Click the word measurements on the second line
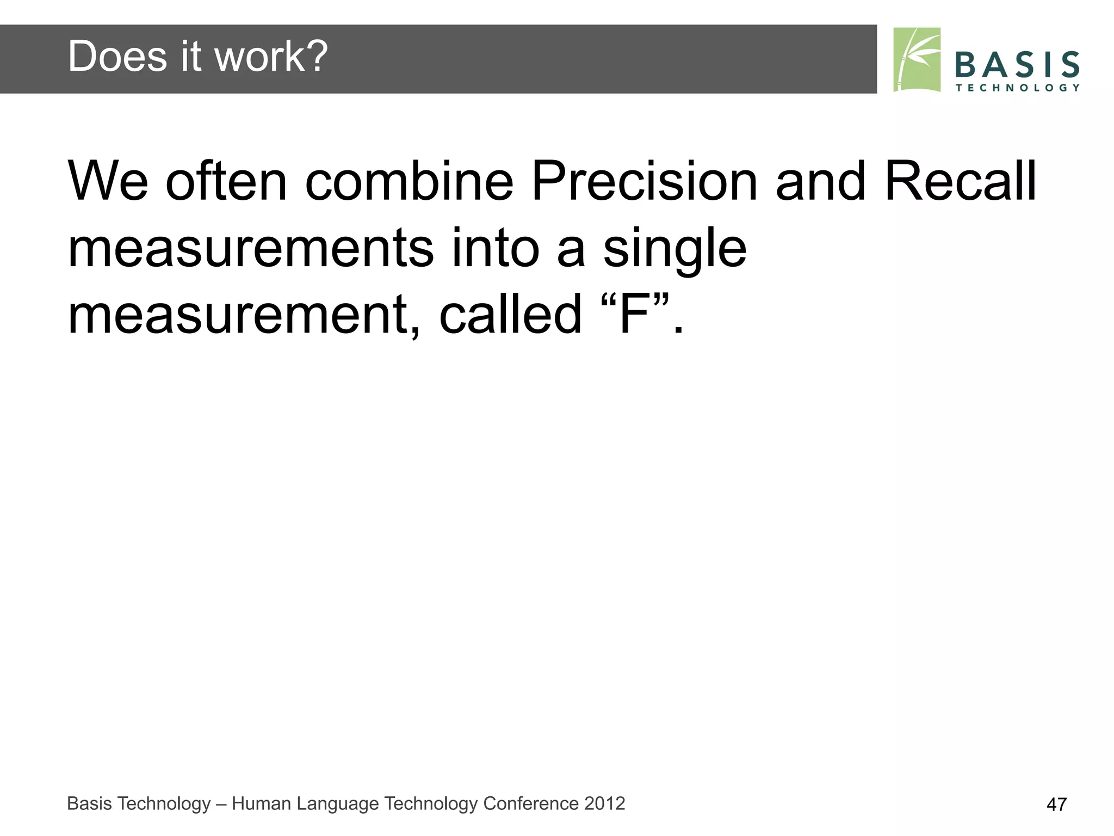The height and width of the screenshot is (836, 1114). tap(250, 249)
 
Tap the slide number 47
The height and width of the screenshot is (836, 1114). tap(1056, 804)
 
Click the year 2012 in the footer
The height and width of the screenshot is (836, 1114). tap(604, 803)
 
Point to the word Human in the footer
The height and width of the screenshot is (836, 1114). tap(258, 803)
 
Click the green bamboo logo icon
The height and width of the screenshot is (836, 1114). tap(917, 60)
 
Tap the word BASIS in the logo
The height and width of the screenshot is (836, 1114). tap(1017, 65)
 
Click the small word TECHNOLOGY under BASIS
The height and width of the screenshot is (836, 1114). tap(1017, 88)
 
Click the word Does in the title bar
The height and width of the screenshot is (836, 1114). tap(117, 57)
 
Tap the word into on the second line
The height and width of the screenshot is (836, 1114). tap(495, 249)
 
